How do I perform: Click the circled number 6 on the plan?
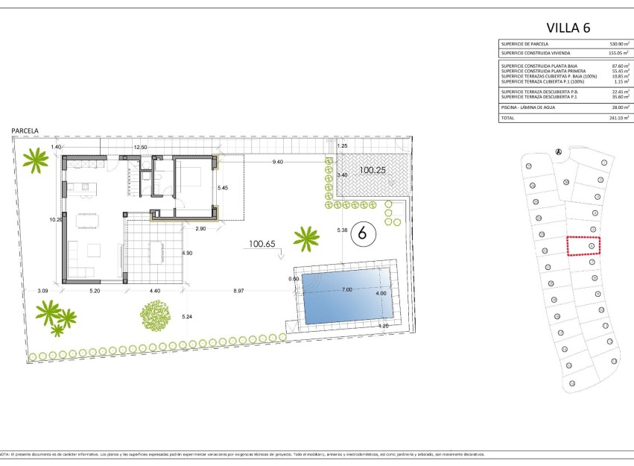363,233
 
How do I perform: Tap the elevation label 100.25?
372,170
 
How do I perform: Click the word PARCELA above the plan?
25,130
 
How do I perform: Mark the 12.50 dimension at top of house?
140,148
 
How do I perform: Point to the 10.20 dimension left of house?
55,220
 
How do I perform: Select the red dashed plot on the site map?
583,245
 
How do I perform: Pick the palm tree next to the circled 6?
305,239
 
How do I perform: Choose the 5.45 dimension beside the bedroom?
222,188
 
